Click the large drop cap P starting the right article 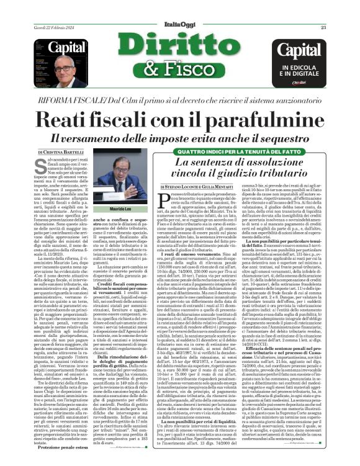163,199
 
